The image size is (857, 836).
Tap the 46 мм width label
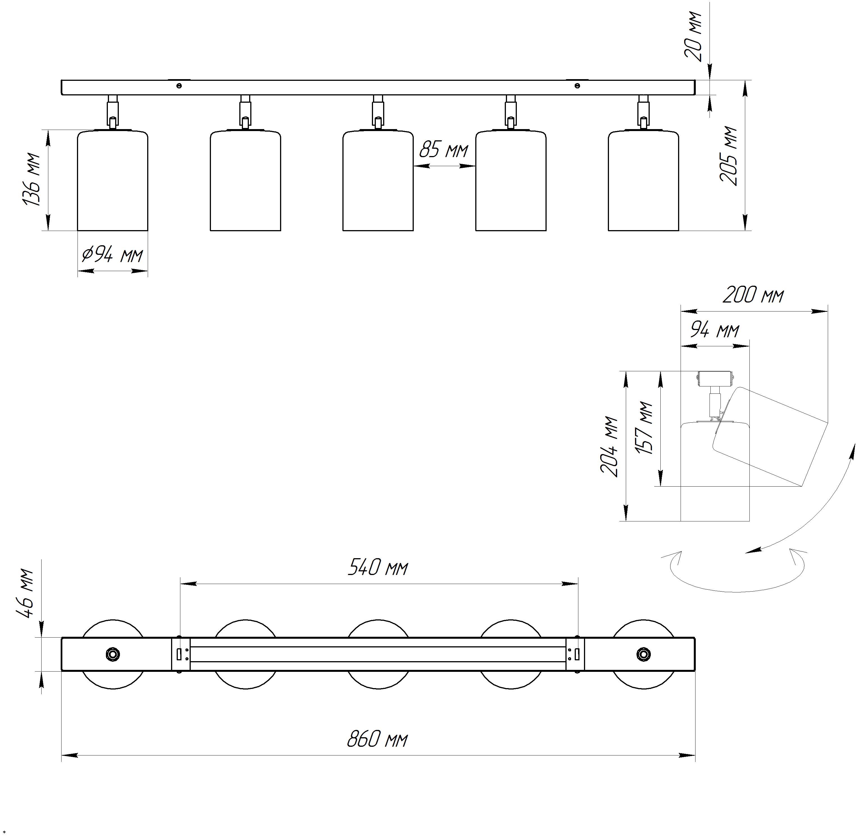pyautogui.click(x=26, y=593)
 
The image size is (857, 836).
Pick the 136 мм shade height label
pyautogui.click(x=32, y=179)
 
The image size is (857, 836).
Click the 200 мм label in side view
pyautogui.click(x=753, y=295)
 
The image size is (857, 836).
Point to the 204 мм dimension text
pyautogui.click(x=610, y=446)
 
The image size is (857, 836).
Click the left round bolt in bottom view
pyautogui.click(x=113, y=654)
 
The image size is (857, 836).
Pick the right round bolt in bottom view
pyautogui.click(x=644, y=654)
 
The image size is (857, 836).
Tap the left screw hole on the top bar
pyautogui.click(x=179, y=86)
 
